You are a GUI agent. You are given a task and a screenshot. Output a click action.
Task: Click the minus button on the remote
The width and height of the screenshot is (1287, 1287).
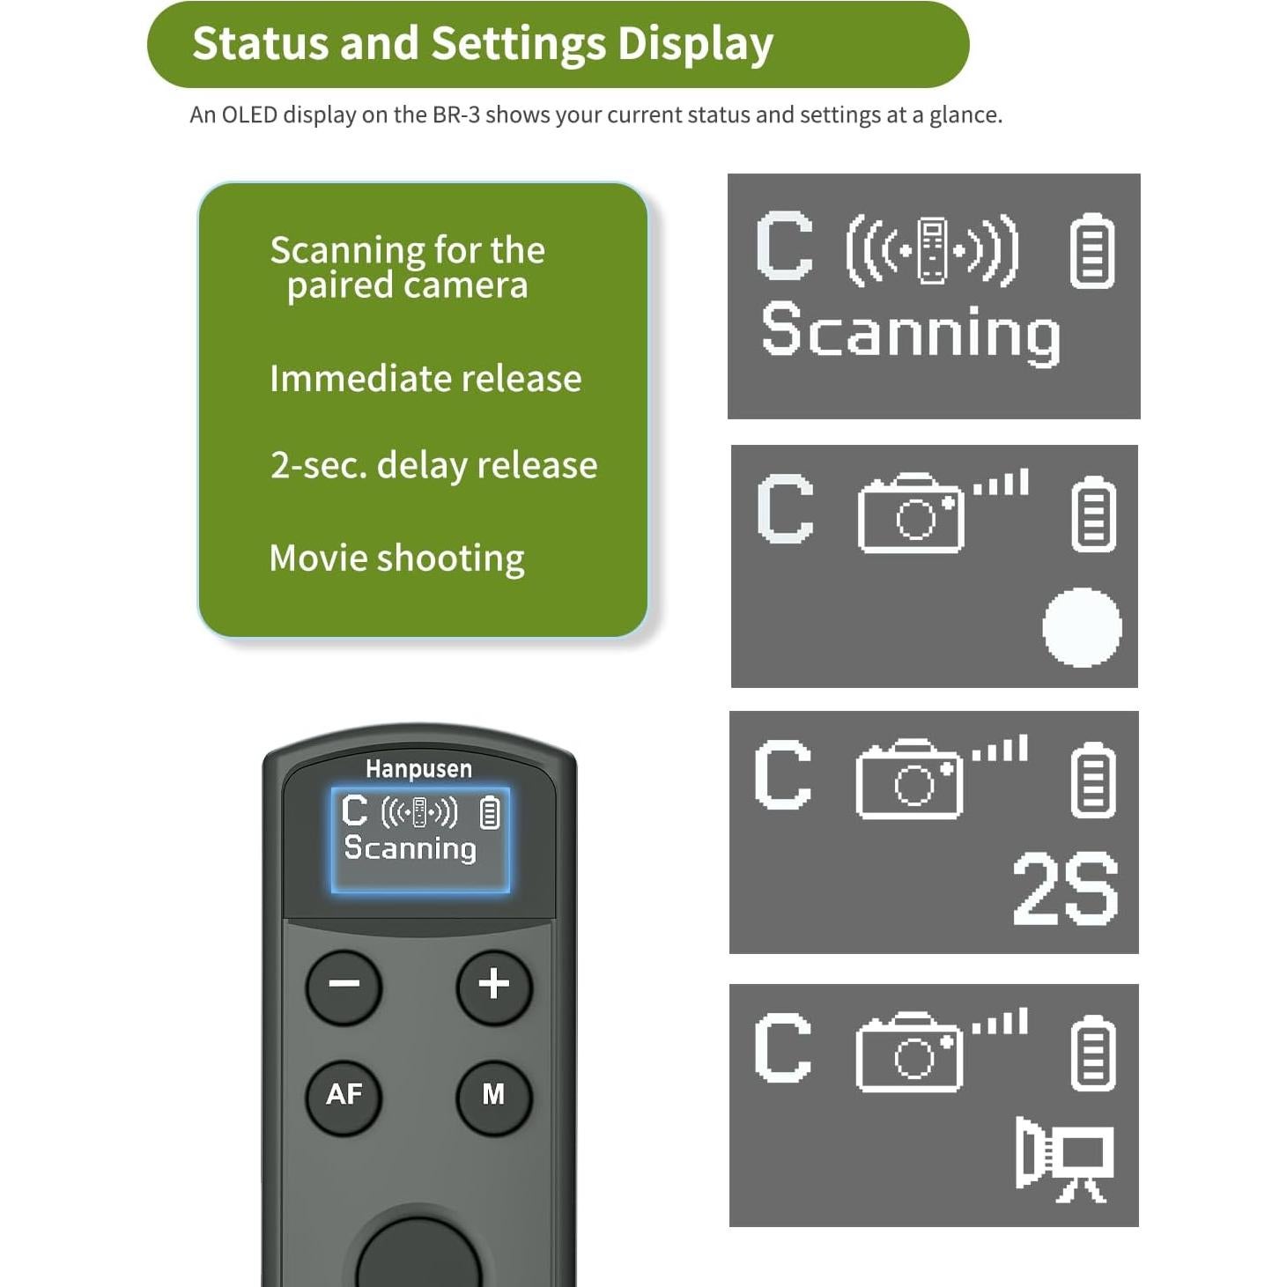point(344,986)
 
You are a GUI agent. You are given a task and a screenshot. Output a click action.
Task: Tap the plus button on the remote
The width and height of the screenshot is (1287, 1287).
point(494,984)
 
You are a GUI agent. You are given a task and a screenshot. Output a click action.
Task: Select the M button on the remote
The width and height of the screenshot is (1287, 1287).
point(493,1094)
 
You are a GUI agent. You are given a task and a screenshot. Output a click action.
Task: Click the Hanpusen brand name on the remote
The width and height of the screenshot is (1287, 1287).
point(418,769)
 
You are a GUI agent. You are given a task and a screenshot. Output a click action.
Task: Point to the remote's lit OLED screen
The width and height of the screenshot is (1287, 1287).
point(420,840)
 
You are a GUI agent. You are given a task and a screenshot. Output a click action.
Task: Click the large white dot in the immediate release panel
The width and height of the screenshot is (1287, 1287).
point(1082,627)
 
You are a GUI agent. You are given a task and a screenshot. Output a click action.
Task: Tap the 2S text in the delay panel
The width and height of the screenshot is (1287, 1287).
point(1065,890)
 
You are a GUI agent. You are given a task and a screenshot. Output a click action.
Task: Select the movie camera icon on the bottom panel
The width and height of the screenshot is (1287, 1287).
point(1064,1158)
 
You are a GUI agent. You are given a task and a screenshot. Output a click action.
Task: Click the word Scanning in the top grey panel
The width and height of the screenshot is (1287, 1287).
point(911,333)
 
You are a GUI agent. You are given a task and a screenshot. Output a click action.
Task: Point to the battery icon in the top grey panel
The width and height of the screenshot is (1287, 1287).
point(1091,251)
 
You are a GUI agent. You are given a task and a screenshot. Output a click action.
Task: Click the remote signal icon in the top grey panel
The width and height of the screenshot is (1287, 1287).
point(932,251)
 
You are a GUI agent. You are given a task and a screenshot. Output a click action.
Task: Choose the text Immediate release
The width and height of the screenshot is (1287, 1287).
point(425,379)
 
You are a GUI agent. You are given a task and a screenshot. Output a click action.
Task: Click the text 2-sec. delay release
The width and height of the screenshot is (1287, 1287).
point(433,465)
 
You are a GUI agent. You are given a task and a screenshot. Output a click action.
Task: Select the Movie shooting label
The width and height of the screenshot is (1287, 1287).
point(396,558)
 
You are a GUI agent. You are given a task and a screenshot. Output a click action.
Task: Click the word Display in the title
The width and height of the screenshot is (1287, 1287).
point(694,44)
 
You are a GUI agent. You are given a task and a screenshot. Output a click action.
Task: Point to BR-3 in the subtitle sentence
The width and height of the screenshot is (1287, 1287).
point(455,115)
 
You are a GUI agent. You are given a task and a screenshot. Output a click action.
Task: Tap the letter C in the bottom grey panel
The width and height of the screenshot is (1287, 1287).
point(782,1047)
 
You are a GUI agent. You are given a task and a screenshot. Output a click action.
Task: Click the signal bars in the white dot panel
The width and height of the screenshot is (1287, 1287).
point(1001,483)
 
